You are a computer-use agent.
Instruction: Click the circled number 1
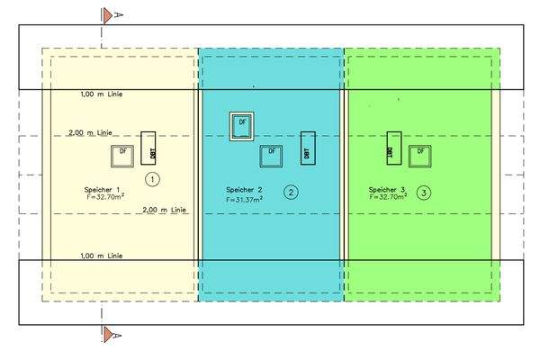pyautogui.click(x=154, y=180)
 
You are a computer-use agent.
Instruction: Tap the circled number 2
pyautogui.click(x=290, y=192)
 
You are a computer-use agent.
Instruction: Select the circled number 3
pyautogui.click(x=424, y=192)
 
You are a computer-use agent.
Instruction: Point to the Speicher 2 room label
pyautogui.click(x=244, y=190)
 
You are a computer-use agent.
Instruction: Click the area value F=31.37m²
pyautogui.click(x=246, y=199)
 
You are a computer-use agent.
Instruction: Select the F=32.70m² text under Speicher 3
pyautogui.click(x=388, y=197)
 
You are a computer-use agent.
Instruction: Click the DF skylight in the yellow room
pyautogui.click(x=121, y=154)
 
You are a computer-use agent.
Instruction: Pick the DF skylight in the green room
pyautogui.click(x=418, y=153)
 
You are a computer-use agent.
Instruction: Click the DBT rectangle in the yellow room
pyautogui.click(x=148, y=149)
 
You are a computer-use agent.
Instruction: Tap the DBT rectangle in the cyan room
pyautogui.click(x=307, y=148)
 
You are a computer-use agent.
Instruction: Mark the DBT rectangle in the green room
pyautogui.click(x=392, y=148)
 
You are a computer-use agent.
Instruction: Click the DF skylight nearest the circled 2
pyautogui.click(x=271, y=154)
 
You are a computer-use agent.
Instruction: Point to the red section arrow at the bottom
pyautogui.click(x=108, y=336)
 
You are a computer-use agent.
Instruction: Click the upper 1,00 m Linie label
pyautogui.click(x=101, y=94)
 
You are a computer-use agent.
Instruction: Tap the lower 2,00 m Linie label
pyautogui.click(x=162, y=211)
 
